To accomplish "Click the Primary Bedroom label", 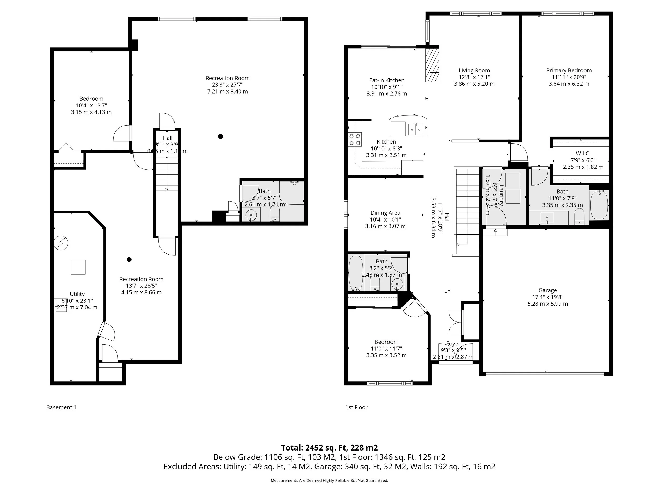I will (569, 71).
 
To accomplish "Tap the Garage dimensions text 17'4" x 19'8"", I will (547, 297).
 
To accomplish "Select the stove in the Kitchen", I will (355, 139).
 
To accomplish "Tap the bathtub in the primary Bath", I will (599, 205).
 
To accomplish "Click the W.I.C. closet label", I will (583, 154).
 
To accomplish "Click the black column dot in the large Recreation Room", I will (220, 136).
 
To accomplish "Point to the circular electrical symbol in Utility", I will (61, 243).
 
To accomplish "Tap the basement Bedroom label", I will (91, 99).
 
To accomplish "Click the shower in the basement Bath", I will (292, 192).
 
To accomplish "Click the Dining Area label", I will (385, 213).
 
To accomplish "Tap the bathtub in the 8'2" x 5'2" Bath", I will (355, 273).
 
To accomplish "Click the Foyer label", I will (453, 344).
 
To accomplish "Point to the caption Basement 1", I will (61, 407).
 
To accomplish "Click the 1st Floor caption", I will (356, 407).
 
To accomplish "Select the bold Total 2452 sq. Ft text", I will (329, 448).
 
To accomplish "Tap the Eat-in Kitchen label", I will (387, 80).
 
